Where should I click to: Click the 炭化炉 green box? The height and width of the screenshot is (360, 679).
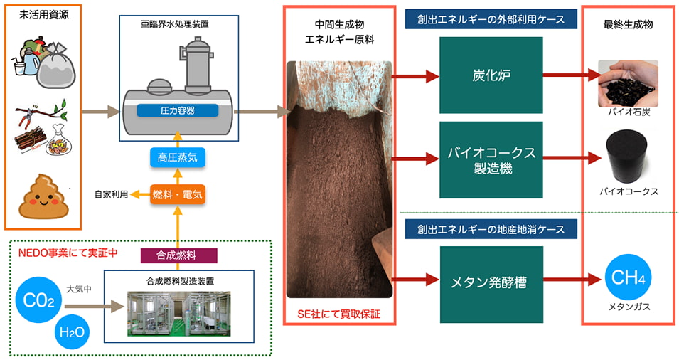point(491,75)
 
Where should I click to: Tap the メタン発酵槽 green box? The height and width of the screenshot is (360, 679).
point(491,281)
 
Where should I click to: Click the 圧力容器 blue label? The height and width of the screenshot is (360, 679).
point(176,110)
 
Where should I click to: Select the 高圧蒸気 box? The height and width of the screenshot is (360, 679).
point(176,157)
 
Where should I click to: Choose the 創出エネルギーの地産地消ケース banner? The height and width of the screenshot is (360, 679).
point(491,229)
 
